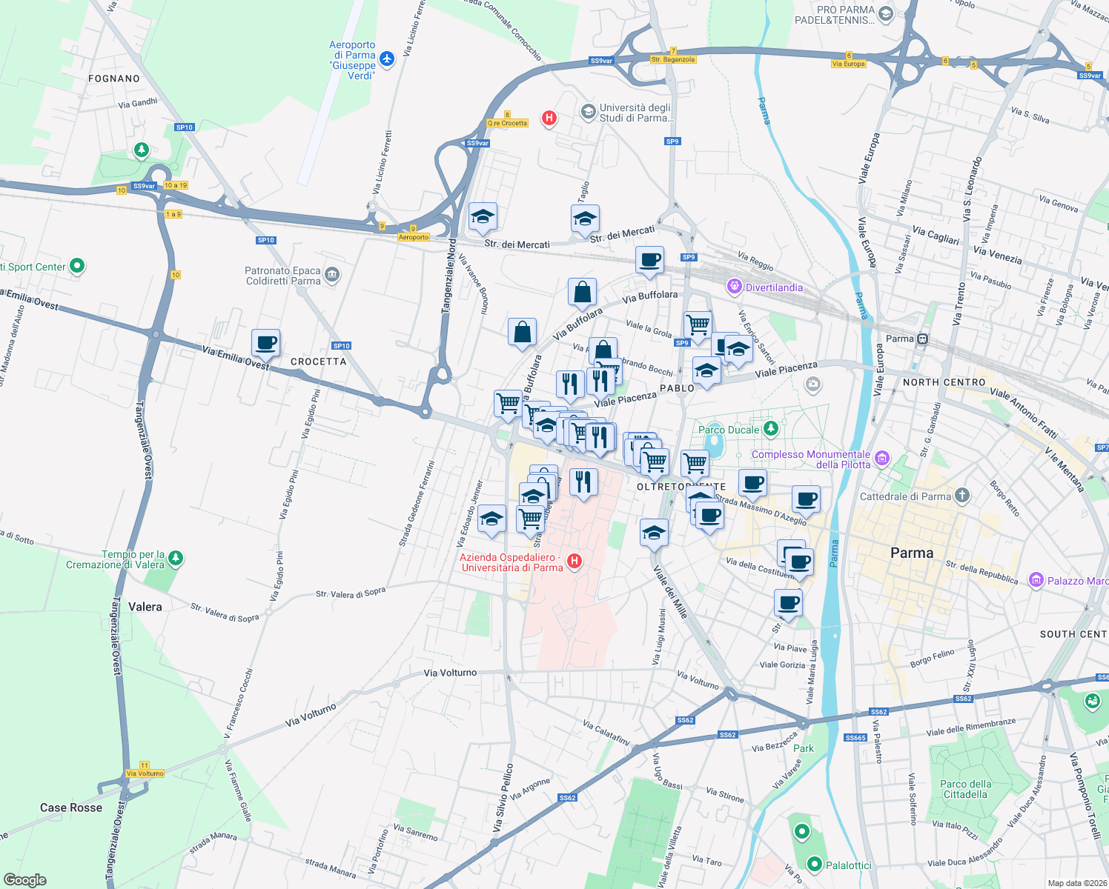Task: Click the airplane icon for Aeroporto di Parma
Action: pos(386,58)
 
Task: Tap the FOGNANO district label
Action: pos(114,79)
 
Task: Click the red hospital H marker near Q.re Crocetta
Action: pos(549,118)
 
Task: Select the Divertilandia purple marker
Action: pos(734,286)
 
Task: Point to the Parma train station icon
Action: pos(922,339)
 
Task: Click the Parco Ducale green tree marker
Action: pos(771,428)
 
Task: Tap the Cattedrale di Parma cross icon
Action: pos(961,496)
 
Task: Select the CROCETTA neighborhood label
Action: pos(318,362)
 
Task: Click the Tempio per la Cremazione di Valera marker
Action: pos(175,558)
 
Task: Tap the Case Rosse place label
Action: pos(71,808)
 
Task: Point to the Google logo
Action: pos(24,879)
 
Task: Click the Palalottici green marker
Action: pos(815,864)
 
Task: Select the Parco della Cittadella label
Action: pos(965,789)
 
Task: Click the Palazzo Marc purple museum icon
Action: pos(1036,580)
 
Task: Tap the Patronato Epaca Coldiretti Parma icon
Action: pos(331,275)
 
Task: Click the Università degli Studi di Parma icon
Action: pos(588,112)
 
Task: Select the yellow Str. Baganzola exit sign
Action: pos(673,59)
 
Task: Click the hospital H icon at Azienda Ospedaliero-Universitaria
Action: pos(574,562)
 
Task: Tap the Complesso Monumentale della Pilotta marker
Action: pos(881,459)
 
